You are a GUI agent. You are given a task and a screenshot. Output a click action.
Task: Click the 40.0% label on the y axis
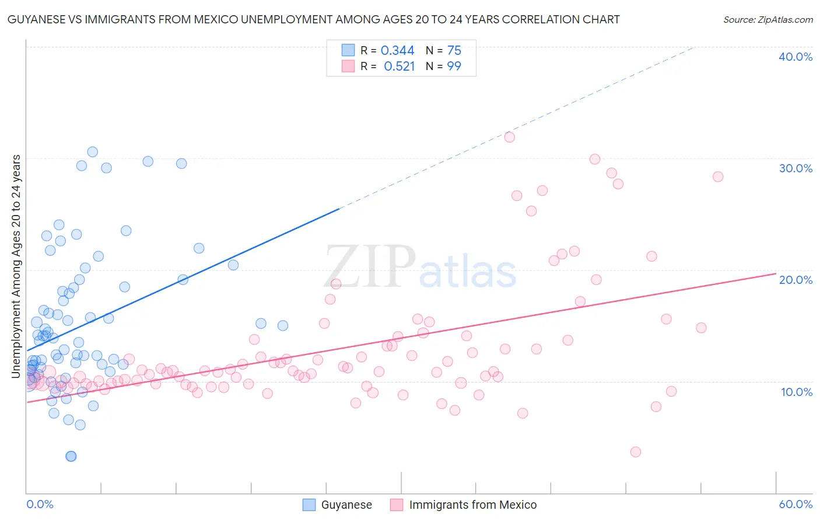click(x=796, y=57)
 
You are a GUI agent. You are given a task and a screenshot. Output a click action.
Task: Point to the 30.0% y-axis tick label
click(x=796, y=168)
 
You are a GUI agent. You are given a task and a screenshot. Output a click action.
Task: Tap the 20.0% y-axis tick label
click(x=796, y=280)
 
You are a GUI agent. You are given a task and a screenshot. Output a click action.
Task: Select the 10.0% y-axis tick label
click(x=797, y=392)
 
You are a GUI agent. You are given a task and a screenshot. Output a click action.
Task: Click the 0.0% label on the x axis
click(x=40, y=504)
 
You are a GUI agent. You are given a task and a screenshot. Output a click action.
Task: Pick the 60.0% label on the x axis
click(x=796, y=504)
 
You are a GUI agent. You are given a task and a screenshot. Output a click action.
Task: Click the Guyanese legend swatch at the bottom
click(x=309, y=505)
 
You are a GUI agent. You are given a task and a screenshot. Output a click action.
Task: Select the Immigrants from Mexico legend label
click(x=473, y=505)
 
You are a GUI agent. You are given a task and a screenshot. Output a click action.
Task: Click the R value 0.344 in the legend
click(x=397, y=51)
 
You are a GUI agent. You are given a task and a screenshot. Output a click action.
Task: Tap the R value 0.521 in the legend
click(x=399, y=67)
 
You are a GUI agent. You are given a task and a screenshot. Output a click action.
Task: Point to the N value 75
click(x=454, y=51)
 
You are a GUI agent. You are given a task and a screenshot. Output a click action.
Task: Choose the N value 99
click(x=454, y=67)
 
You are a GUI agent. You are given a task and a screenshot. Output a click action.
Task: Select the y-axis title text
click(x=16, y=266)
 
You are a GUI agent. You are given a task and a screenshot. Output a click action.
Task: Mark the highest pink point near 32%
click(x=509, y=137)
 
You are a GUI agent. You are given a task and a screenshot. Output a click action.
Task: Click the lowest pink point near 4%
click(x=636, y=451)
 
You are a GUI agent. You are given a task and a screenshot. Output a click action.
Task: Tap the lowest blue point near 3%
click(x=71, y=456)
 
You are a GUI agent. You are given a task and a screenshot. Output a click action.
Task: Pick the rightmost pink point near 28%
click(x=718, y=176)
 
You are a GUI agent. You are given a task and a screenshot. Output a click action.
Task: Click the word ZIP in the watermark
click(x=370, y=267)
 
